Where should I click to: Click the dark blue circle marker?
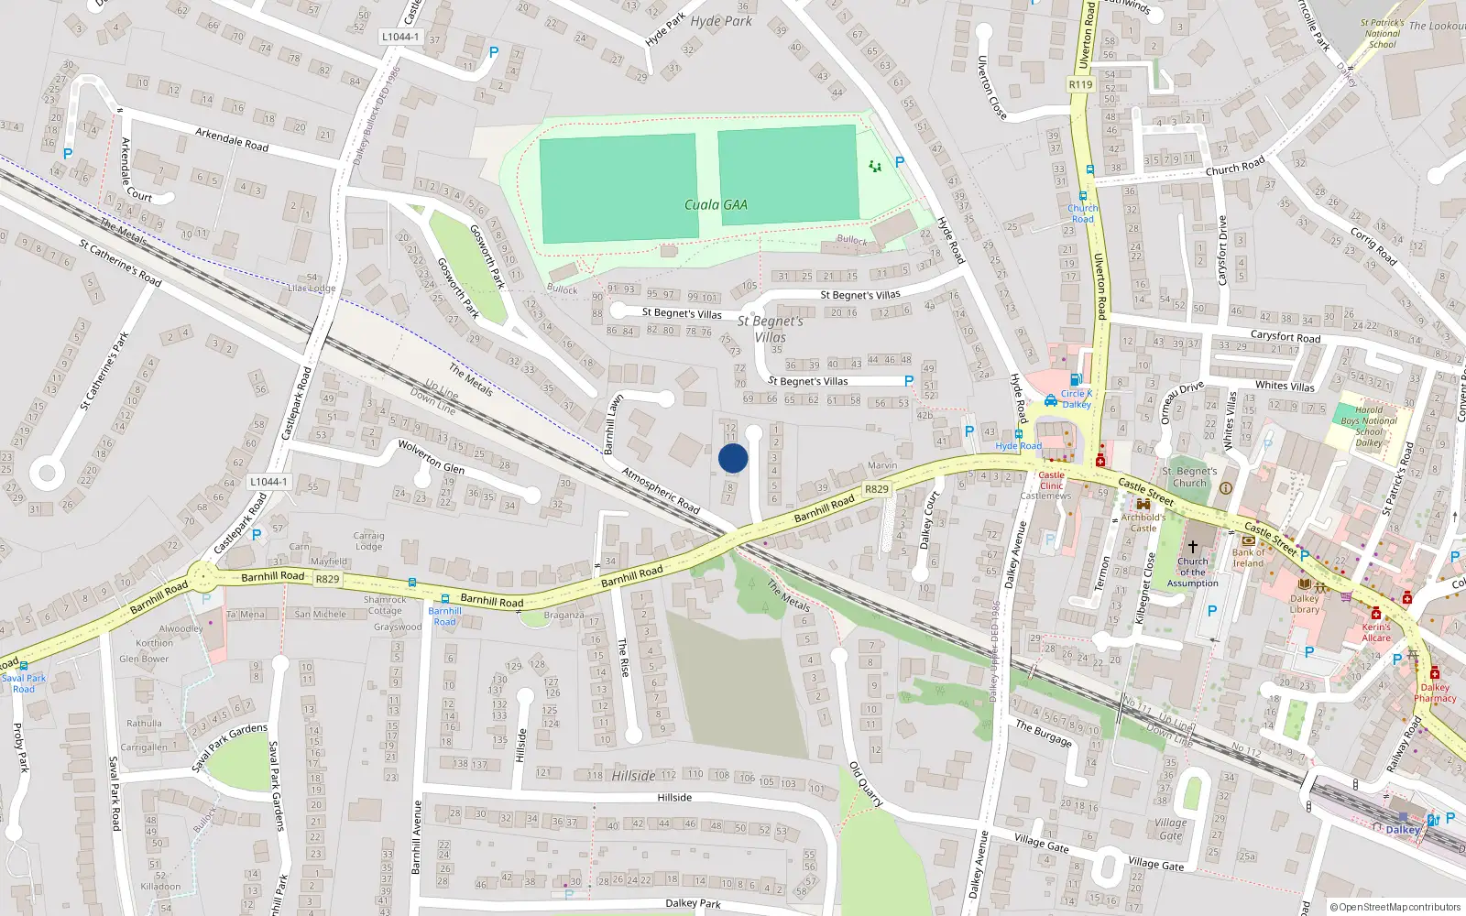[x=733, y=458]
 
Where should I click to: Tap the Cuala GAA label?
[x=716, y=204]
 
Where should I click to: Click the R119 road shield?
[x=1080, y=84]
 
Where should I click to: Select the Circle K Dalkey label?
[x=1076, y=399]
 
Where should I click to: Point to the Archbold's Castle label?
[x=1143, y=522]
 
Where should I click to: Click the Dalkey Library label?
[x=1305, y=604]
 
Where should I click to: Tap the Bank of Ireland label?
[x=1248, y=558]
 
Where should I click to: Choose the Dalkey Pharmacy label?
[x=1435, y=692]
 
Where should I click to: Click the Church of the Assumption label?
[x=1193, y=572]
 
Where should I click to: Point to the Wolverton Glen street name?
[x=431, y=456]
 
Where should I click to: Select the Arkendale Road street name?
[x=232, y=139]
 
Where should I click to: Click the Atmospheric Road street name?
[x=661, y=490]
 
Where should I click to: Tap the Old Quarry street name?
[x=866, y=784]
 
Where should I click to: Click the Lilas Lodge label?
[x=312, y=288]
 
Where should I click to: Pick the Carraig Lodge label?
[x=368, y=540]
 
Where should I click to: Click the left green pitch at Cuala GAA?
[x=618, y=189]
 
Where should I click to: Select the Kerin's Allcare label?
[x=1376, y=632]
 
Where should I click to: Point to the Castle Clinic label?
[x=1051, y=480]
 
